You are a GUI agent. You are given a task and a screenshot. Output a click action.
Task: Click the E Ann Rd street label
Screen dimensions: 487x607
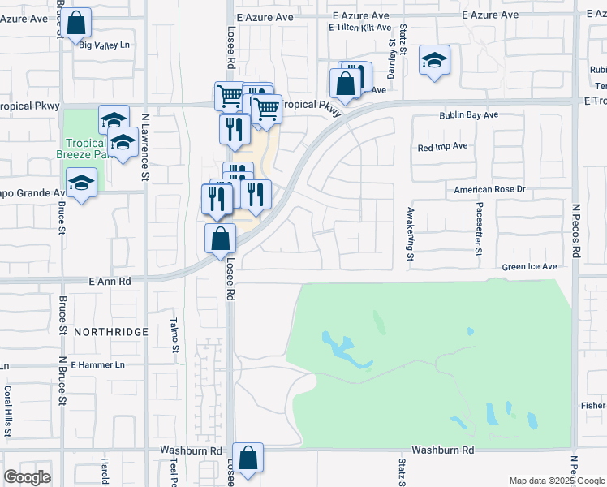click(110, 280)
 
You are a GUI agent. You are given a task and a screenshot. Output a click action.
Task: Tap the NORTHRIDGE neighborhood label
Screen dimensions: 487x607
click(110, 332)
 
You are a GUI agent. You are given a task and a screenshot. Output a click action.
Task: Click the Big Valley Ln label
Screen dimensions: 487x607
click(105, 45)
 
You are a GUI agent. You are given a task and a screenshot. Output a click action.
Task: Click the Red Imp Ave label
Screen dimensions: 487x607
click(442, 147)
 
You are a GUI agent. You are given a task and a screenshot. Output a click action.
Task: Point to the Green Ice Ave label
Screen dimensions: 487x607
click(529, 266)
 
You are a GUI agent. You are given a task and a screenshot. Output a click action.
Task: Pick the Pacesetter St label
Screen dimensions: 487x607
click(479, 230)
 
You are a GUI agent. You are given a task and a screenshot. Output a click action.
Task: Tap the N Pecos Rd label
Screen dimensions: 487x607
click(575, 232)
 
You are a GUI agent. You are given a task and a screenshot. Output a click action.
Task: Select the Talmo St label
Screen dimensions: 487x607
click(174, 335)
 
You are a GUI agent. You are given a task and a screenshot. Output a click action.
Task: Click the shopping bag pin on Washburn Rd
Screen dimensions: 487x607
click(248, 457)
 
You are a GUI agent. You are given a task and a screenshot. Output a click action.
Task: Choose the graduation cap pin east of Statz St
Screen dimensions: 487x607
click(434, 60)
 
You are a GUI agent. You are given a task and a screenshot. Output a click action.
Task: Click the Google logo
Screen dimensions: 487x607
click(27, 477)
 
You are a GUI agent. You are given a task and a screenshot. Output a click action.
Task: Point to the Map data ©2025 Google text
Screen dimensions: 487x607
click(556, 481)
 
